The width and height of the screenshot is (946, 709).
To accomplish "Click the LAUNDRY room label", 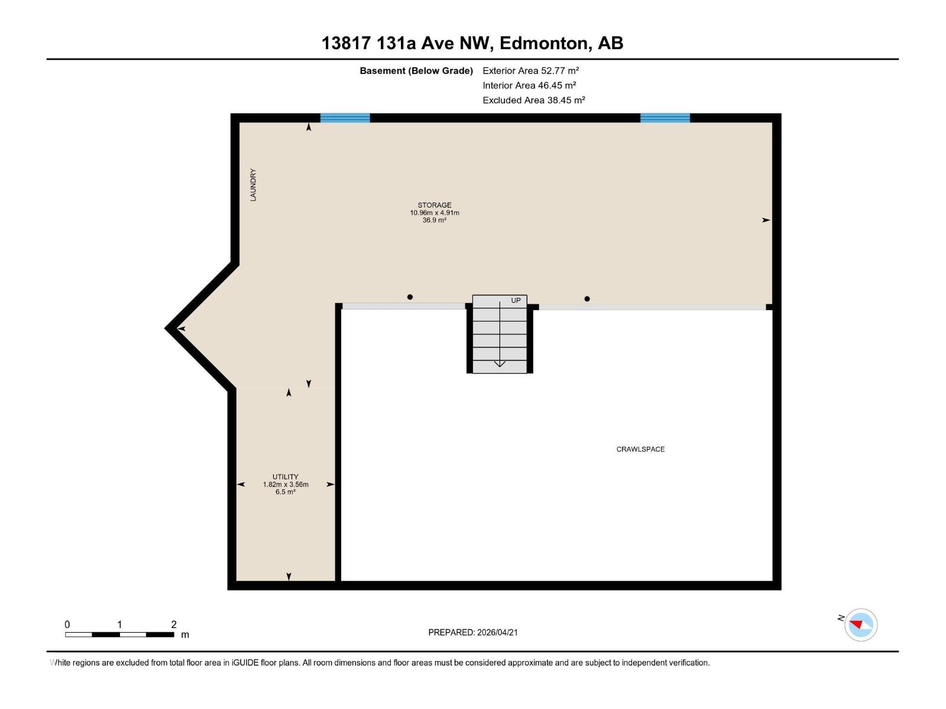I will pyautogui.click(x=253, y=185).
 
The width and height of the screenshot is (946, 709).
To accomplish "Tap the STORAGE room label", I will pyautogui.click(x=435, y=205).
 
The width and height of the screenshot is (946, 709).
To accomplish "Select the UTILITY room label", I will pyautogui.click(x=286, y=477).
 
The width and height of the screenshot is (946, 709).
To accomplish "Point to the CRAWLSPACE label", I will pyautogui.click(x=640, y=449).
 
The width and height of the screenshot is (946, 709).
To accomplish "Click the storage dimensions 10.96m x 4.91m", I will pyautogui.click(x=435, y=213).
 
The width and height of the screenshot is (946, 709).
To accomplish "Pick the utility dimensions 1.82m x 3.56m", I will pyautogui.click(x=286, y=484).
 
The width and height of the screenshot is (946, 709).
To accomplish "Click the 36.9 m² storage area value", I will pyautogui.click(x=435, y=220).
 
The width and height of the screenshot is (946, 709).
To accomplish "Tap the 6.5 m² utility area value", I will pyautogui.click(x=286, y=492).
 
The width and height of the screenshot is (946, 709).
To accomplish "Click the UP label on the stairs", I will pyautogui.click(x=516, y=300).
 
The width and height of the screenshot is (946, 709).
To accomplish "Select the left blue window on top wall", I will pyautogui.click(x=345, y=118).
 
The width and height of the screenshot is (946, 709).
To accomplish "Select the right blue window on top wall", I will pyautogui.click(x=665, y=118).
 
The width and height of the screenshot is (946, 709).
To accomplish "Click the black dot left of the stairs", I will pyautogui.click(x=410, y=297).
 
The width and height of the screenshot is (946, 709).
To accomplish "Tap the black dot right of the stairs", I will pyautogui.click(x=587, y=299).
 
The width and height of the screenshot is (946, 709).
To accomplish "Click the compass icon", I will pyautogui.click(x=861, y=625).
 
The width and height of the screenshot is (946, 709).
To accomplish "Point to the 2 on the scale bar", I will pyautogui.click(x=174, y=625).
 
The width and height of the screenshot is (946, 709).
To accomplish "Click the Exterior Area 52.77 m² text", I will pyautogui.click(x=530, y=70).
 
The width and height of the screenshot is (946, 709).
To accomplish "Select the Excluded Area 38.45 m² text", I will pyautogui.click(x=533, y=100).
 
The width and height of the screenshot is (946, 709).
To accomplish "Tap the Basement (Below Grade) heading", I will pyautogui.click(x=416, y=70).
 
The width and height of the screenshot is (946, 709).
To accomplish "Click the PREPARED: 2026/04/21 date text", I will pyautogui.click(x=473, y=632).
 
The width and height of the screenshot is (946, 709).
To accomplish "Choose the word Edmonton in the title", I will pyautogui.click(x=545, y=43).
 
